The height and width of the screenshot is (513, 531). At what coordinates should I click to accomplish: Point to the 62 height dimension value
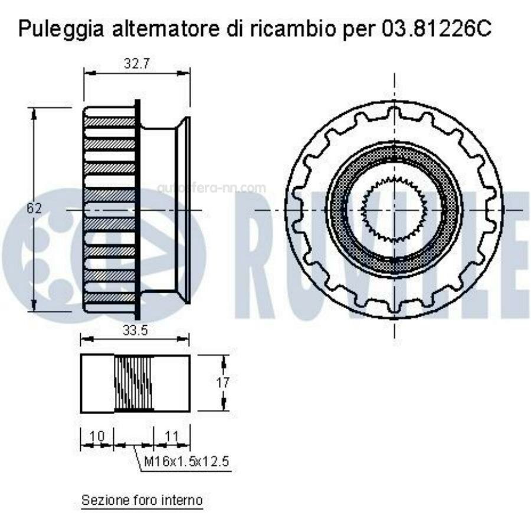point(36,207)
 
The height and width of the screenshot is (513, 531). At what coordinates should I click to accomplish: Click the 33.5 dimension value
point(135,330)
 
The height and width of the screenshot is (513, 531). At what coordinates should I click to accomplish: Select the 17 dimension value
point(222,382)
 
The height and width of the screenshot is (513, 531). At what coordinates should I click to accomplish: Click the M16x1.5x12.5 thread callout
point(186,461)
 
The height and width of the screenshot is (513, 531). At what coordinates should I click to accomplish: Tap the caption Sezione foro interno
point(142,501)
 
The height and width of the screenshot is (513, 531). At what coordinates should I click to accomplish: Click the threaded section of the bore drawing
point(133,383)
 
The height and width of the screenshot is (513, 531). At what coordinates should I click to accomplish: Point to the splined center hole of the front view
point(394,210)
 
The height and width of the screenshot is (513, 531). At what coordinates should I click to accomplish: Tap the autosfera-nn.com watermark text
point(212,188)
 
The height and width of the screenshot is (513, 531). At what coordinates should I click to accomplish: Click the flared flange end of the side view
point(183,210)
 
